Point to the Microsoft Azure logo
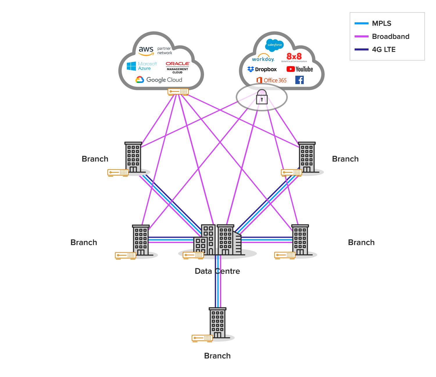(x=142, y=66)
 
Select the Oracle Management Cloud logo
(x=178, y=67)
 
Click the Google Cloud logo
(x=159, y=80)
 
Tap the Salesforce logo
(x=274, y=45)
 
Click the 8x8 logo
(x=294, y=57)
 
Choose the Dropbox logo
(x=262, y=69)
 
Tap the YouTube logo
(x=300, y=69)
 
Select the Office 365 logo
(x=271, y=80)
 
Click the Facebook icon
(x=299, y=80)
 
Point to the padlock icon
(x=262, y=97)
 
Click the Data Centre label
(x=217, y=271)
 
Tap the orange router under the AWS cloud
(x=178, y=92)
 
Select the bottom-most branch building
(x=217, y=323)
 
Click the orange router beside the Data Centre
(x=193, y=255)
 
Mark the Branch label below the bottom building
(x=217, y=356)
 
